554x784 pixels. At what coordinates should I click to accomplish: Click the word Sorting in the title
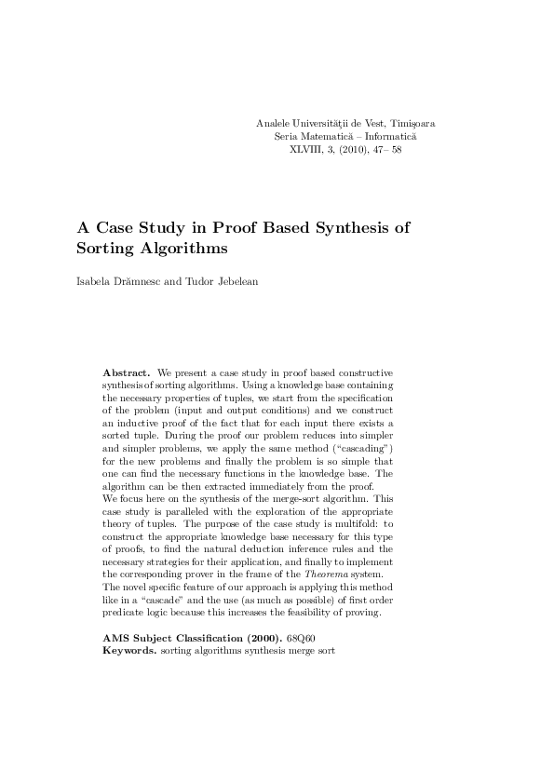pos(105,250)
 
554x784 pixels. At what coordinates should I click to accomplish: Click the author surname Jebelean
pos(233,281)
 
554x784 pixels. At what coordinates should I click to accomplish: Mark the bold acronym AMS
pos(116,639)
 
